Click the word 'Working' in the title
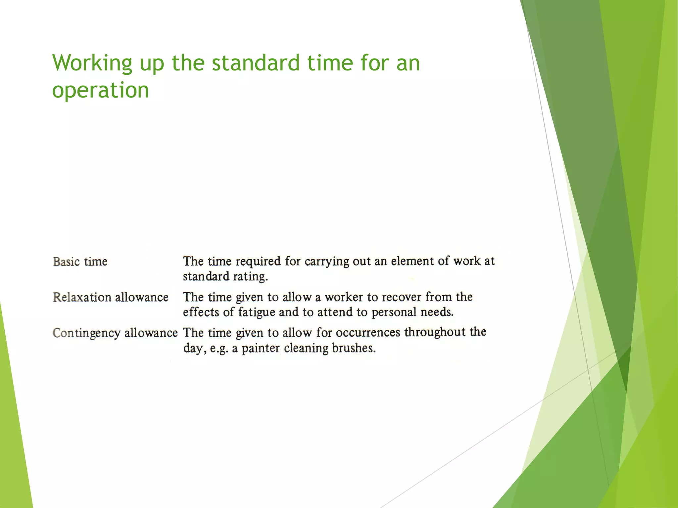tap(92, 63)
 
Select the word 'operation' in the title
tap(100, 90)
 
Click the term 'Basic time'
tap(80, 262)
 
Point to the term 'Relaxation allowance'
tap(111, 297)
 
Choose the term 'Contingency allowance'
tap(115, 333)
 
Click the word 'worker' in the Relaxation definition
tap(344, 297)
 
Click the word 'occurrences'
tap(368, 332)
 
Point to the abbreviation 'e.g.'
tap(219, 349)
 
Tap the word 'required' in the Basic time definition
tap(258, 261)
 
